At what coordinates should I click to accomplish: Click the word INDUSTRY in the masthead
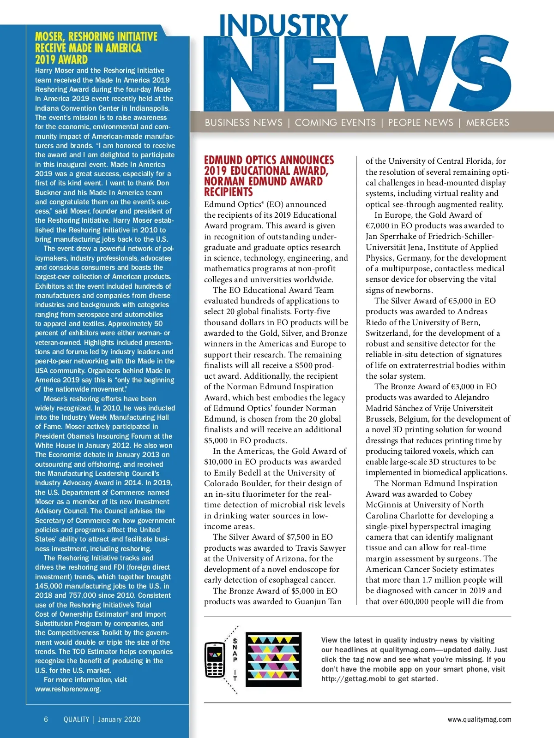point(283,26)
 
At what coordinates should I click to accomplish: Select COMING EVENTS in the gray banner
point(335,123)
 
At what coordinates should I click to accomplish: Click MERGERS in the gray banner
point(488,123)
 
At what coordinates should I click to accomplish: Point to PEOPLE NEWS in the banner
point(421,123)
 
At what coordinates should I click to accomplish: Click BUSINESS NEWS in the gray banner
point(243,123)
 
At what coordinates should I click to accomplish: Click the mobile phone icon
point(214,659)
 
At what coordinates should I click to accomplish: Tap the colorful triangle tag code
point(273,659)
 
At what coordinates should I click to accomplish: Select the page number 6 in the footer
point(46,720)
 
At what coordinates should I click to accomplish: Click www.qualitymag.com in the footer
point(479,720)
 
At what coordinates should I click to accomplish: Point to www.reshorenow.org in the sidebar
point(68,689)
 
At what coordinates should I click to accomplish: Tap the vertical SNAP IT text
point(235,660)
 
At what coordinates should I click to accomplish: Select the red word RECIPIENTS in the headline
point(229,192)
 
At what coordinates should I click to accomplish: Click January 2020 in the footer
point(119,720)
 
